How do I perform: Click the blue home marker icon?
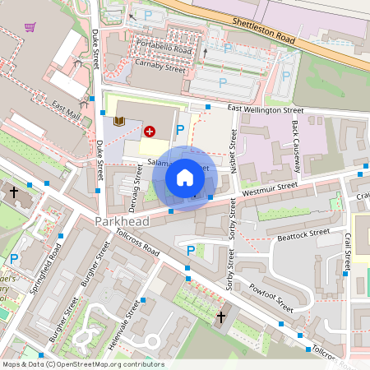(x=185, y=178)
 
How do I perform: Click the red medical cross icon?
(x=150, y=130)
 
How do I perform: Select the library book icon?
(x=119, y=122)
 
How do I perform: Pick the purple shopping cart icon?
(x=30, y=26)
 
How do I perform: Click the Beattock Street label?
(x=303, y=233)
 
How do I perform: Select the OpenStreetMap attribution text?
(x=82, y=364)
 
